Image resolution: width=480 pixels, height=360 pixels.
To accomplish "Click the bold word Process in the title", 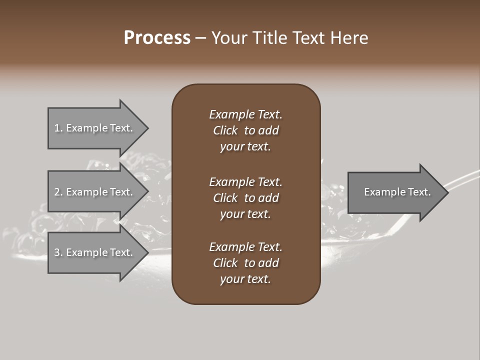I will pos(157,38).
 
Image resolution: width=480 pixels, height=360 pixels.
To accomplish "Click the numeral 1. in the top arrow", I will pos(58,128).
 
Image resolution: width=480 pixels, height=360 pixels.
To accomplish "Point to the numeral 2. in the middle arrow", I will pos(58,192).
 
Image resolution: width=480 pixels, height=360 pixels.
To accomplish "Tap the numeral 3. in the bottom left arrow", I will pos(58,252).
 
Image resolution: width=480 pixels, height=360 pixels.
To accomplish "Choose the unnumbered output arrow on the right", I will pos(395,192).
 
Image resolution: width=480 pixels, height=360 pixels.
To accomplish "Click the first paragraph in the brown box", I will pos(245,130).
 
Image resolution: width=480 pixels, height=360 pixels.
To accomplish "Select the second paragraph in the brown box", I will pos(245,198).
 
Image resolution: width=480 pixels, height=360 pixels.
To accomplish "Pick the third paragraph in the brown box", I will pos(245,263).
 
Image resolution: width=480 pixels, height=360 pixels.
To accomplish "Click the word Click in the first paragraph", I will pos(225,130).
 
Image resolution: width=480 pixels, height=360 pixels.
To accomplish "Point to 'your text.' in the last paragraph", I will pos(245,279).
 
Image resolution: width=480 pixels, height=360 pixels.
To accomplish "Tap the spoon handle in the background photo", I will pos(465,177).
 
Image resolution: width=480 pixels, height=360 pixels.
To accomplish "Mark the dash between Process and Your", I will pos(201,38).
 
